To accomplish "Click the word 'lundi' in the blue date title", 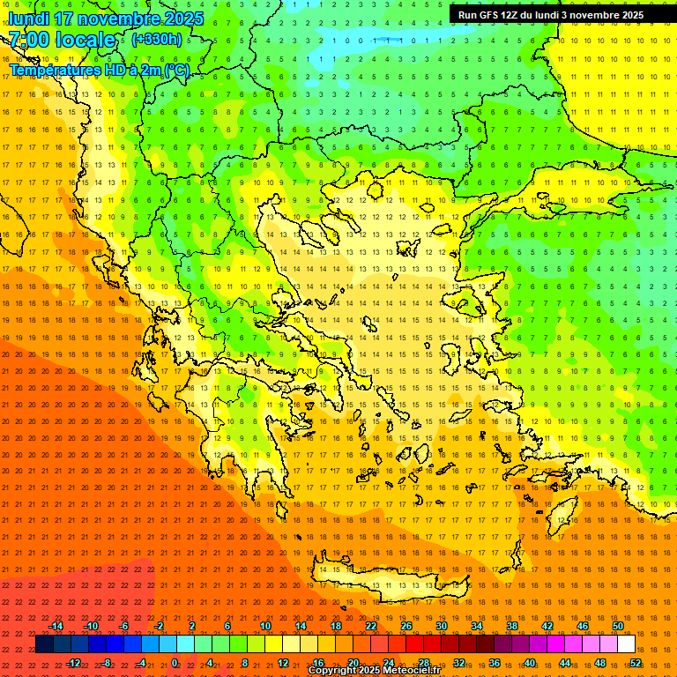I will (x=27, y=19).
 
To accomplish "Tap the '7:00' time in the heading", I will (x=28, y=40).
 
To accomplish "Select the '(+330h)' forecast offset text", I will (x=157, y=40).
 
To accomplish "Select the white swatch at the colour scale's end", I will (x=626, y=644).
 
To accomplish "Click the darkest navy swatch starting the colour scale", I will (x=44, y=644).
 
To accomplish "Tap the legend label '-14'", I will (x=56, y=626).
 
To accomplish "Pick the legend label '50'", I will (x=618, y=626).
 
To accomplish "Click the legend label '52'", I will (x=636, y=663).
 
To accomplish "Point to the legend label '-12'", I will (x=73, y=663).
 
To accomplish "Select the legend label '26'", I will (x=406, y=626).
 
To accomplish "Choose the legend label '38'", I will (x=512, y=626).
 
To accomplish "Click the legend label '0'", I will (x=175, y=663).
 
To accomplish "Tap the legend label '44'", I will (x=565, y=663).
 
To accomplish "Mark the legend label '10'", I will (x=264, y=626).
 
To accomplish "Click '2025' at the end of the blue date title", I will (x=182, y=19).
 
